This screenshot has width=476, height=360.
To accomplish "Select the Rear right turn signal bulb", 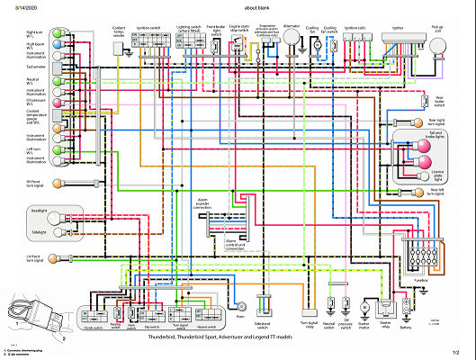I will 418,120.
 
